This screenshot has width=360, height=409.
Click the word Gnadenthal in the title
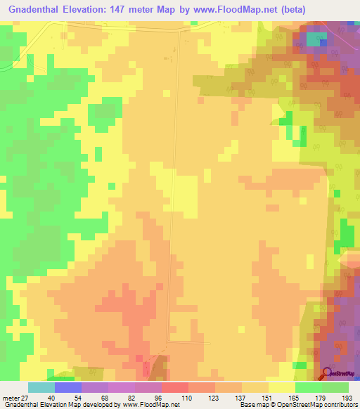(33, 10)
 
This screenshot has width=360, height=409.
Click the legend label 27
(22, 398)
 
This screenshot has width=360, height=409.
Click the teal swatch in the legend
(41, 387)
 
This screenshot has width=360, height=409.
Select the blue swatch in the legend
(68, 387)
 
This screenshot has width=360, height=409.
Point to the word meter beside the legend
(8, 398)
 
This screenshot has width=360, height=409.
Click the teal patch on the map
(313, 40)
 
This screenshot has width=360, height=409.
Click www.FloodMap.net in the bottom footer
(150, 405)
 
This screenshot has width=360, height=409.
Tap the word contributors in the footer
(338, 405)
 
